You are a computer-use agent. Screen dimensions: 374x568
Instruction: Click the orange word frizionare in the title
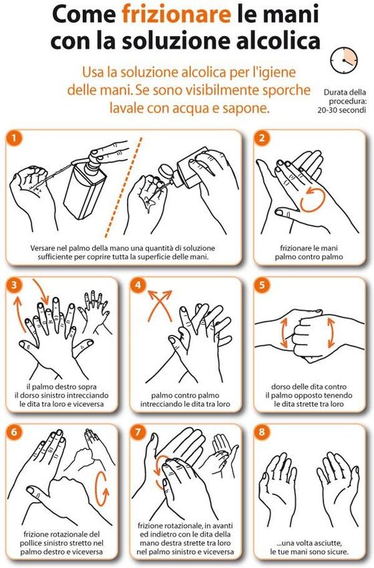(176, 15)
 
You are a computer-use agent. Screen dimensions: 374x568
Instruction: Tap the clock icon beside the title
(343, 60)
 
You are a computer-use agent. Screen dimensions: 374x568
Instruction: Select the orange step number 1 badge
(14, 138)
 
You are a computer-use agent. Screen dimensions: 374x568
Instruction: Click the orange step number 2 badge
(262, 138)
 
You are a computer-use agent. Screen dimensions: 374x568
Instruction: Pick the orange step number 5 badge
(262, 285)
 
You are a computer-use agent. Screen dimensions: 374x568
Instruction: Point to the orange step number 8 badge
(262, 432)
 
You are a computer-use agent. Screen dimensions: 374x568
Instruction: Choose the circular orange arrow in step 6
(102, 488)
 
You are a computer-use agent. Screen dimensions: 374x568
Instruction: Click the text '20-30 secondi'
(342, 110)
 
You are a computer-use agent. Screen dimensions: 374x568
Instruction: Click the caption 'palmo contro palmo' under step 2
(309, 257)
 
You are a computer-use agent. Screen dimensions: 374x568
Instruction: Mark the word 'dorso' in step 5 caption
(280, 386)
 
